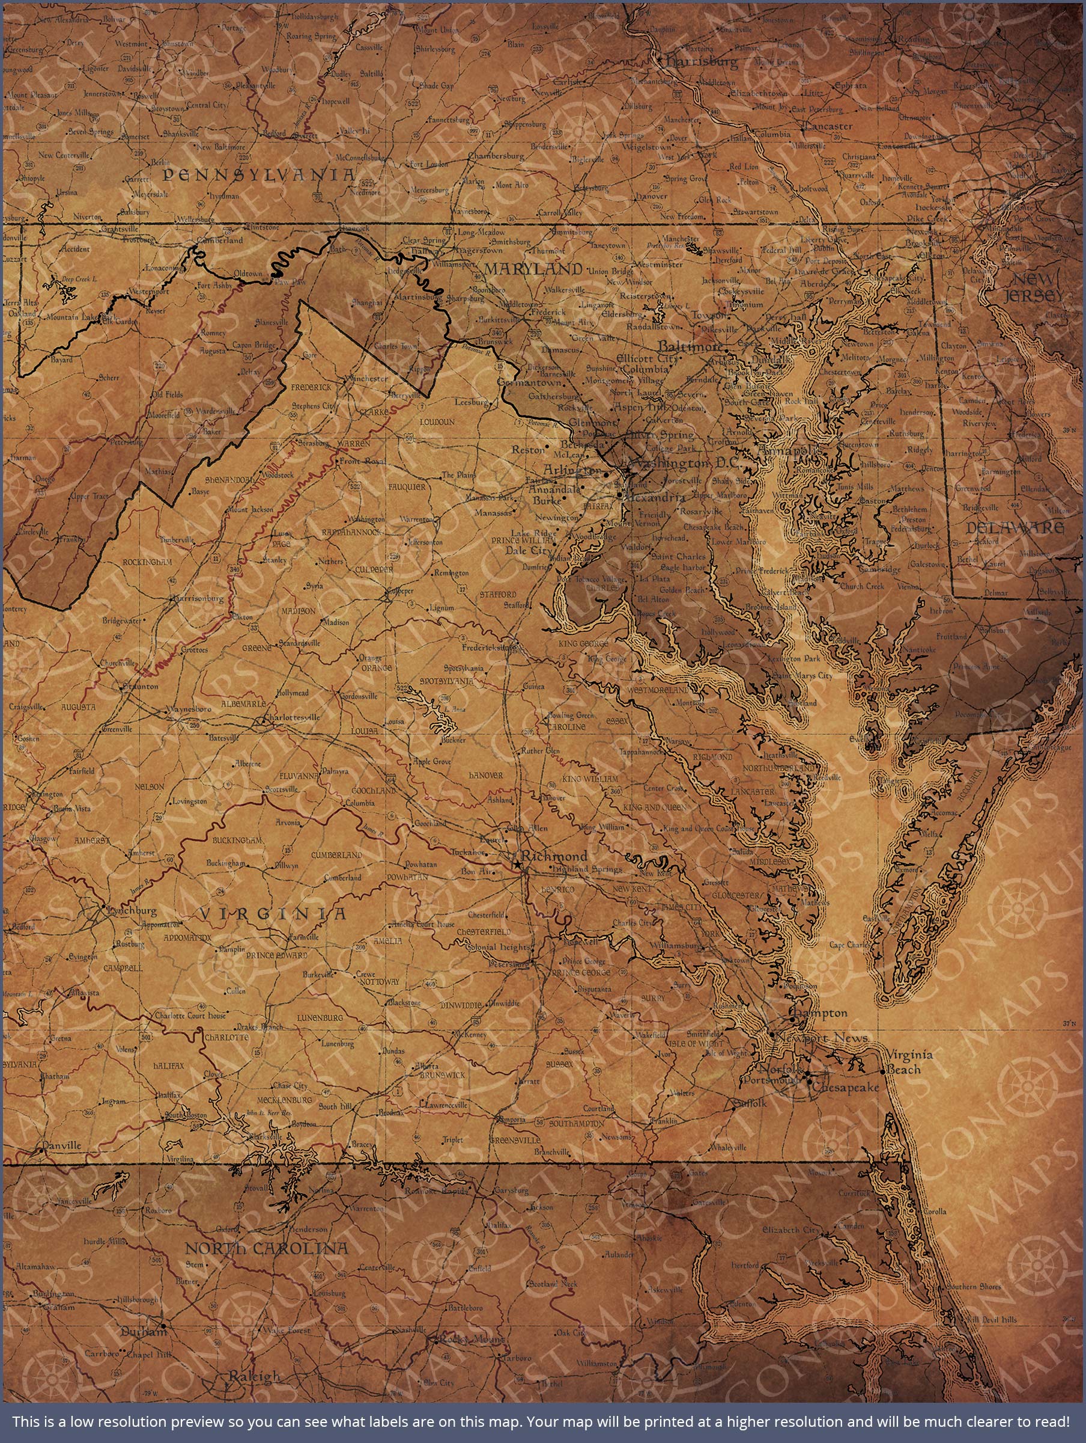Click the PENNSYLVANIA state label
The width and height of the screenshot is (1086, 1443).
coord(259,175)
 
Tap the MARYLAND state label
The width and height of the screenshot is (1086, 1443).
coord(533,269)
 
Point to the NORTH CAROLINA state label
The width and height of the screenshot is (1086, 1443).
coord(267,1249)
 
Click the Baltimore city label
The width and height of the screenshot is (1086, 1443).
coord(690,346)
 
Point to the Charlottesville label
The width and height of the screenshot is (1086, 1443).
coord(291,717)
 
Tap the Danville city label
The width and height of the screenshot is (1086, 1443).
coord(61,1145)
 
